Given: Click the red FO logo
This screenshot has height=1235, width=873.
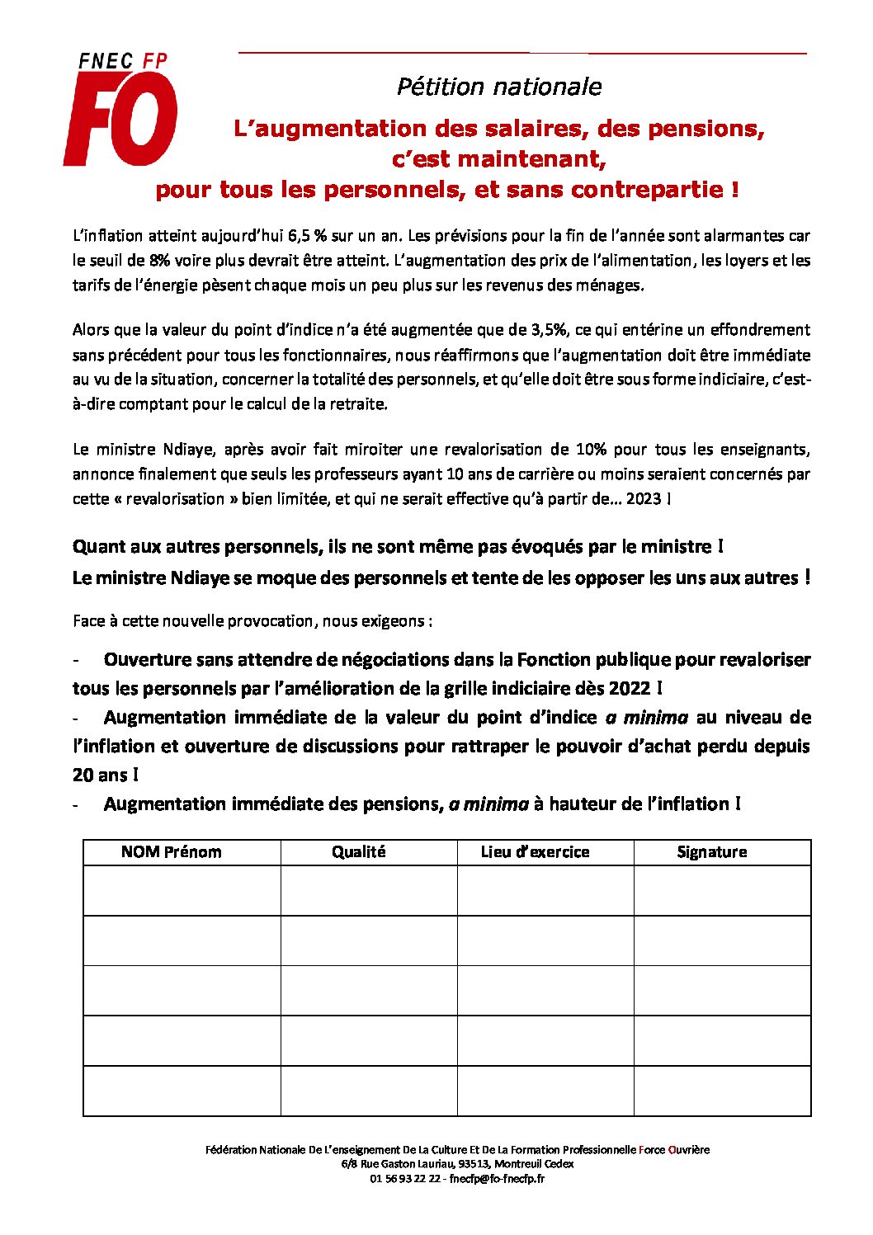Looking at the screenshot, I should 120,119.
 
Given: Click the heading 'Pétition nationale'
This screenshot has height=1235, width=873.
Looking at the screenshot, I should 498,87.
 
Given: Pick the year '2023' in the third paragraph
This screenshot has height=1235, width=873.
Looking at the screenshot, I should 644,499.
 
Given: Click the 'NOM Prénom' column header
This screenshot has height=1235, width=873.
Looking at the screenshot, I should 172,852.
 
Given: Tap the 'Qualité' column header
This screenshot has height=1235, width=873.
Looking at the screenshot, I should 359,852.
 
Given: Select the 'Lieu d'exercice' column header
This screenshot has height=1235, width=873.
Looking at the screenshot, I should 536,852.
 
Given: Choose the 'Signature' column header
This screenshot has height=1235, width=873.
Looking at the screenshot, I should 711,852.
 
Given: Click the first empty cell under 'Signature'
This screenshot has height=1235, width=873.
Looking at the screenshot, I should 722,891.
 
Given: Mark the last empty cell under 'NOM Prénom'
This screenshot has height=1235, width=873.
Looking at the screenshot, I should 182,1091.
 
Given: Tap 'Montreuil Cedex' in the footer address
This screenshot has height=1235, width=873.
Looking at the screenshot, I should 534,1164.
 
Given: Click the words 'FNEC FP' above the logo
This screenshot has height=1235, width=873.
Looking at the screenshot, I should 123,61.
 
